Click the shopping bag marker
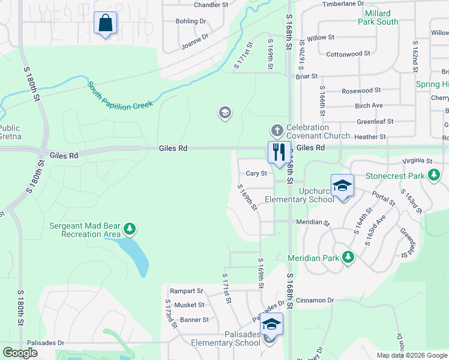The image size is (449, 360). tap(106, 23)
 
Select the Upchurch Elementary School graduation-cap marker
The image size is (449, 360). tap(342, 186)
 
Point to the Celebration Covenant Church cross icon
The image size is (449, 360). tap(277, 130)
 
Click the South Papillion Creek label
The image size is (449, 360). tap(120, 94)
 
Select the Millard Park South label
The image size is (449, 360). tap(378, 17)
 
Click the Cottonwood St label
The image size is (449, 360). tap(348, 54)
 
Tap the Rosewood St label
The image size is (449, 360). tap(361, 91)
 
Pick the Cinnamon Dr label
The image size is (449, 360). tap(314, 300)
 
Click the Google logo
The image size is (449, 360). tap(20, 353)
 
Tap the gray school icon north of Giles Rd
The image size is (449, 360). tap(225, 113)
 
